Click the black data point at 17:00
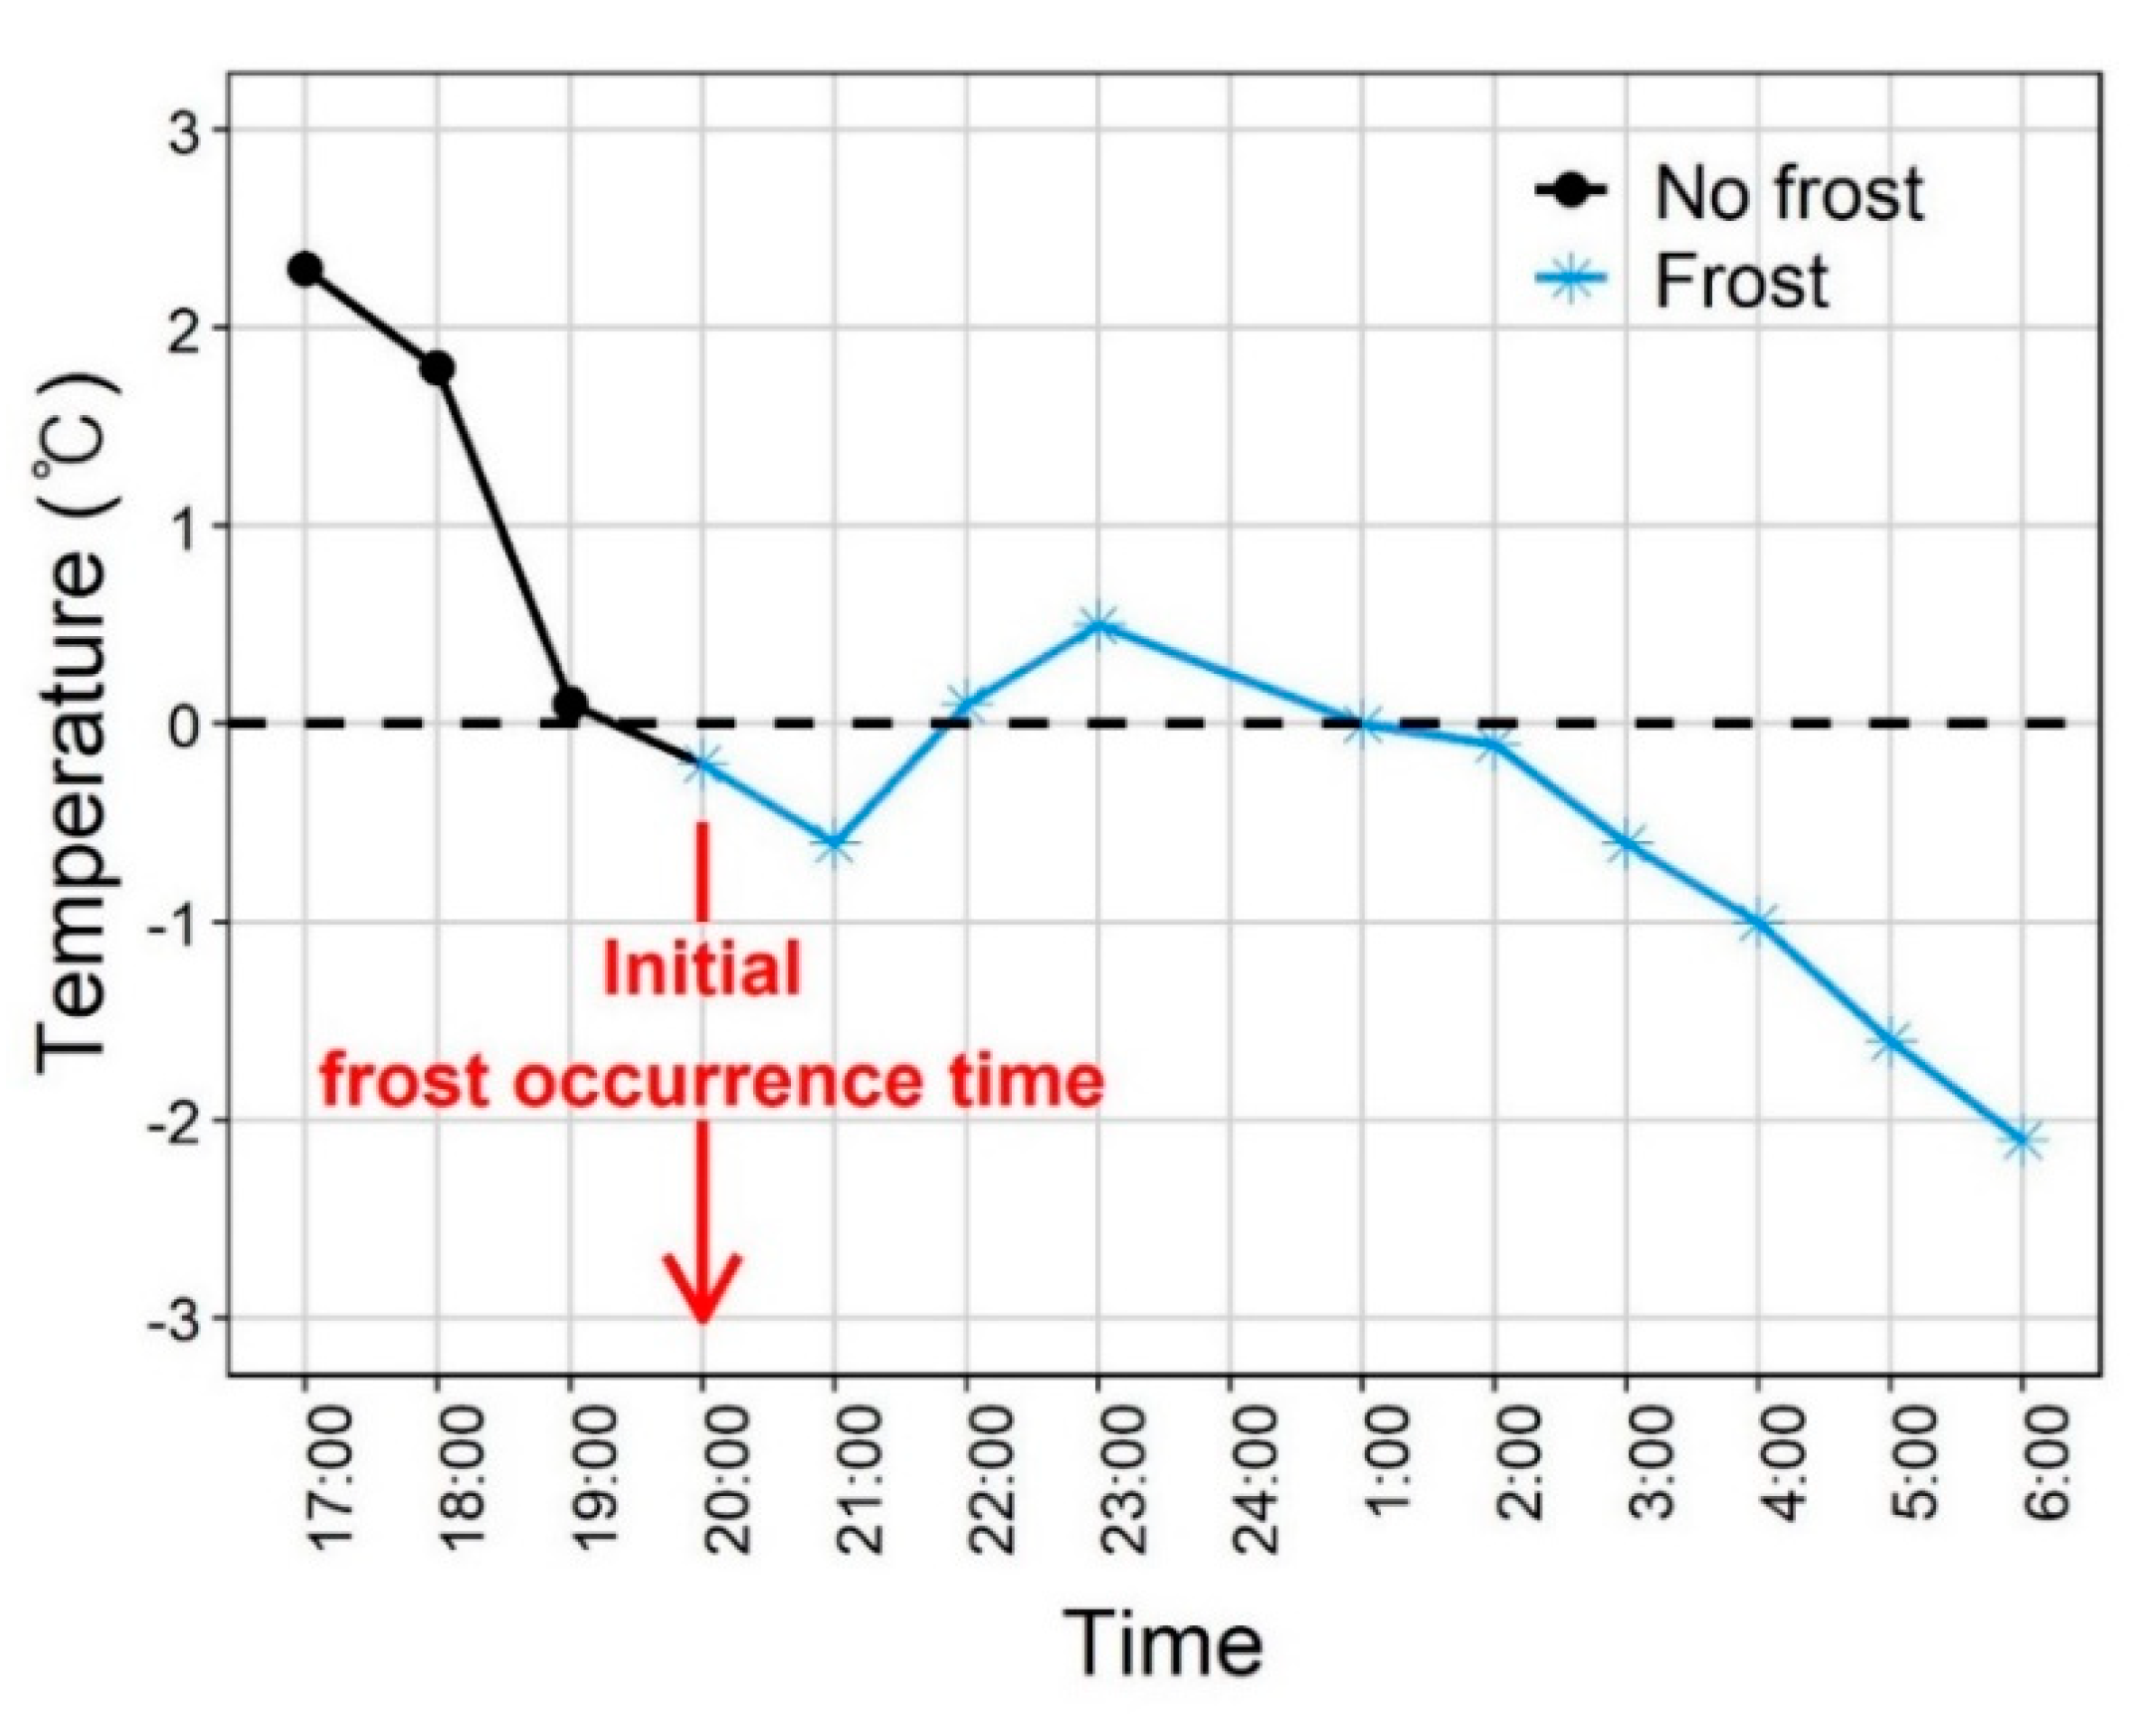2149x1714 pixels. pyautogui.click(x=305, y=269)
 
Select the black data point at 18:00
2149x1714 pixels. pyautogui.click(x=437, y=368)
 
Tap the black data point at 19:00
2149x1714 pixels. pyautogui.click(x=569, y=704)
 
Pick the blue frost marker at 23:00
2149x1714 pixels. pyautogui.click(x=1097, y=625)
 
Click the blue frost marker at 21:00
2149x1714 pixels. pyautogui.click(x=835, y=843)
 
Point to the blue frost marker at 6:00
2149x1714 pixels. pyautogui.click(x=2022, y=1140)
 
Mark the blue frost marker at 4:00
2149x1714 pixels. pyautogui.click(x=1758, y=923)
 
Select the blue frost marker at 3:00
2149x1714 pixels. pyautogui.click(x=1626, y=843)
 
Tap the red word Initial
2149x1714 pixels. pyautogui.click(x=701, y=969)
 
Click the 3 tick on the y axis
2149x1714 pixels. pyautogui.click(x=185, y=131)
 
